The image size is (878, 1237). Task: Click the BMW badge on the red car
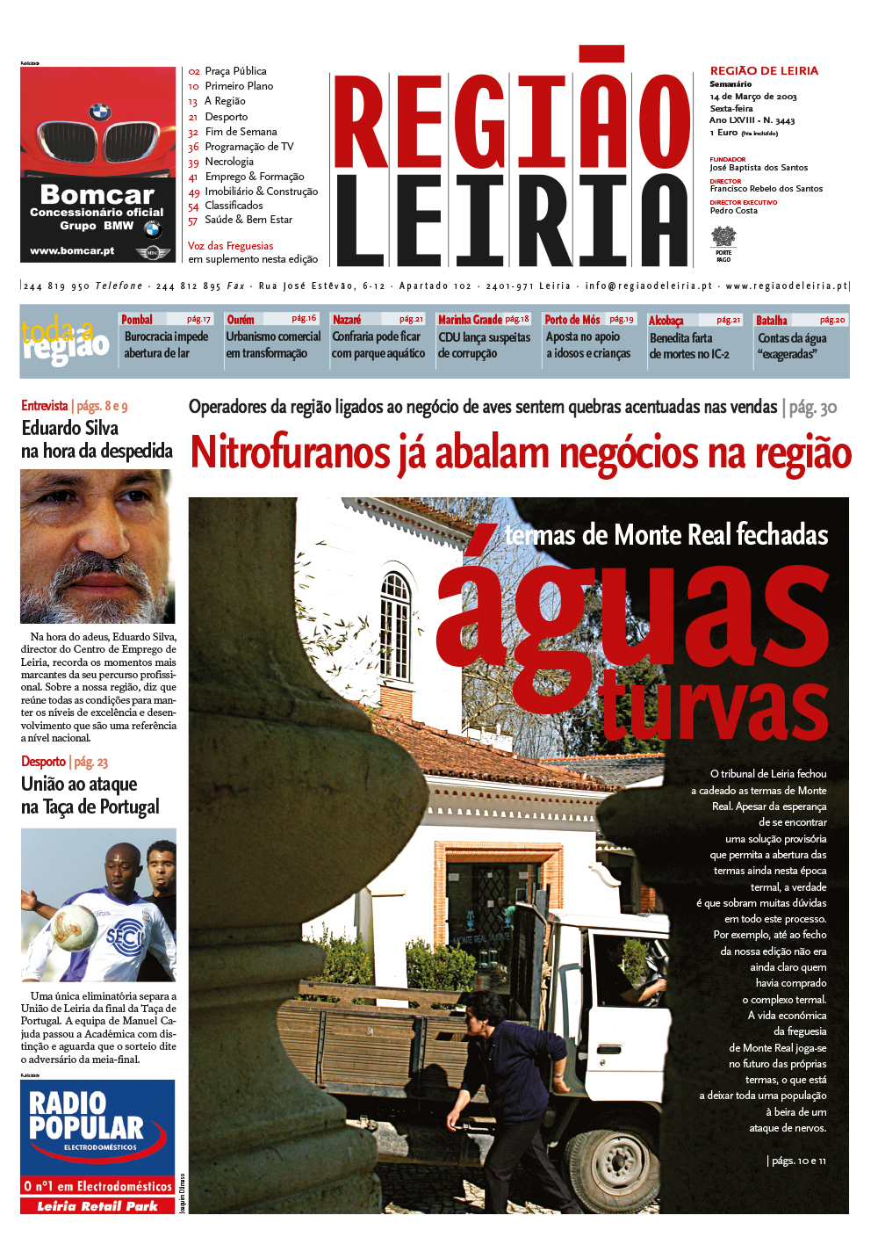coord(99,112)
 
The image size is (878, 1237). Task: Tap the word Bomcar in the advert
coord(97,195)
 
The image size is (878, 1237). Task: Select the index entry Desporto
coord(226,117)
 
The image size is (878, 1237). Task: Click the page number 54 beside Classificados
coord(193,206)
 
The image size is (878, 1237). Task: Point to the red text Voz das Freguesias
coord(230,246)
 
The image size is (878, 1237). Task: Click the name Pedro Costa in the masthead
coord(733,211)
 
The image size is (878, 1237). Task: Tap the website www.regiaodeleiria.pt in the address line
coord(786,286)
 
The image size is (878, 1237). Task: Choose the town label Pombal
coord(137,320)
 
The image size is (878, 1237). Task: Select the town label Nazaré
coord(347,320)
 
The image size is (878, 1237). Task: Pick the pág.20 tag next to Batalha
coord(832,320)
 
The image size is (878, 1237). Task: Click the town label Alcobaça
coord(666,321)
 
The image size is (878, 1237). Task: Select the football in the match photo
coord(74,928)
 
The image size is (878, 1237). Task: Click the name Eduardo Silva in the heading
coord(70,429)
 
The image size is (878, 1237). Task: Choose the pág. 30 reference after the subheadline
coord(812,407)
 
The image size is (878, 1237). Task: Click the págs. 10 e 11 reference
coord(798,1161)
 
